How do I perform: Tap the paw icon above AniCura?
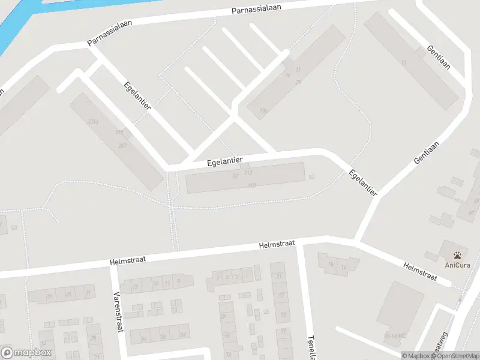pyautogui.click(x=457, y=254)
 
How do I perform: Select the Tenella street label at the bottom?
pyautogui.click(x=311, y=346)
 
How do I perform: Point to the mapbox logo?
pyautogui.click(x=26, y=353)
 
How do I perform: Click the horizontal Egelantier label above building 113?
pyautogui.click(x=224, y=161)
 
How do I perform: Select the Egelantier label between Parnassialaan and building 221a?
pyautogui.click(x=137, y=95)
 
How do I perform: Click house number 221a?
pyautogui.click(x=92, y=122)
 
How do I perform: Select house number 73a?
pyautogui.click(x=263, y=110)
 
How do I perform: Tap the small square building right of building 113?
pyautogui.click(x=311, y=176)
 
